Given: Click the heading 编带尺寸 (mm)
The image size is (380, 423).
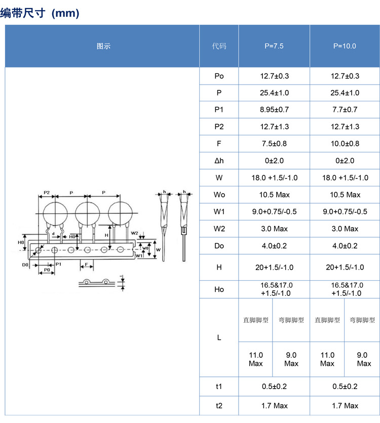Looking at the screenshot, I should (40, 13).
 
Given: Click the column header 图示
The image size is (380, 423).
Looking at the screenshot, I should (103, 46).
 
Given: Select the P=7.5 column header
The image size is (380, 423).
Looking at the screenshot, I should (274, 46).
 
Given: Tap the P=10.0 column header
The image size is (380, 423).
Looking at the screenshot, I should (345, 46).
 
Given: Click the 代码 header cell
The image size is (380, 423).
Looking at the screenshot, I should (219, 46).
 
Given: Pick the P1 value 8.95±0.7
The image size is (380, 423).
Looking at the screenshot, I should (274, 109).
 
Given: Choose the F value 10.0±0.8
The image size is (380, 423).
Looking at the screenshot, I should (345, 143).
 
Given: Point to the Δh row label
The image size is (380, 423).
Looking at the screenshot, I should (219, 161).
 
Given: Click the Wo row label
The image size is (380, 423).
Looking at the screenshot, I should (219, 195).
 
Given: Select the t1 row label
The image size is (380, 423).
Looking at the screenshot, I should (219, 387).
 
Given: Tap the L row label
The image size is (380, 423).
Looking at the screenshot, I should (219, 337).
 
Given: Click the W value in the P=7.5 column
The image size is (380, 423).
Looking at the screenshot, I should (274, 178).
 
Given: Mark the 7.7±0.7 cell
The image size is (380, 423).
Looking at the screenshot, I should (345, 109).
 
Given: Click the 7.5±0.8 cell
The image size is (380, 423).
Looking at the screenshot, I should (274, 143).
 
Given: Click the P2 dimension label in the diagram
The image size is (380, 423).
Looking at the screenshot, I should (46, 193).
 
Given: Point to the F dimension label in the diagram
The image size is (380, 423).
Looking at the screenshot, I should (87, 264).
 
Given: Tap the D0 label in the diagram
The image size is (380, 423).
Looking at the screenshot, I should (25, 265).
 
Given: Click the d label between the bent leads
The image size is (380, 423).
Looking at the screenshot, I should (54, 234).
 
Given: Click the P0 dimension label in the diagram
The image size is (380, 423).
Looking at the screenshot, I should (47, 271).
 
